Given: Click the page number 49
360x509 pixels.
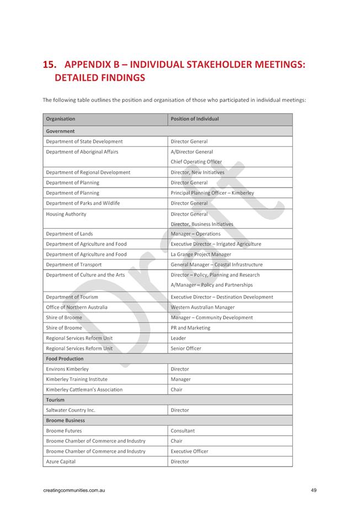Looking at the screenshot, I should click(313, 490).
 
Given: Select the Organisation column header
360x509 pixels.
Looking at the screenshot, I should click(61, 119).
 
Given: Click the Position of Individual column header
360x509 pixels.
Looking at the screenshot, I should click(195, 119).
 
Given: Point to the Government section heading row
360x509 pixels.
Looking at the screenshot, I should click(60, 131).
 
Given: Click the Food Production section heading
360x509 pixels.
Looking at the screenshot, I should click(65, 358).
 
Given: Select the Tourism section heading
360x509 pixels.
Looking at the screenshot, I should click(55, 400).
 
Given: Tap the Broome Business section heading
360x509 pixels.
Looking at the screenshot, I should click(66, 420).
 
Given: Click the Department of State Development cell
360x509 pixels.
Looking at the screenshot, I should click(84, 142).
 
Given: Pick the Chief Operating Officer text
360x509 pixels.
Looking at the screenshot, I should click(196, 162).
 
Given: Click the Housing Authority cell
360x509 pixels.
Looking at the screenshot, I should click(66, 214).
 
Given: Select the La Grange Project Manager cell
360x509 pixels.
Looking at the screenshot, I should click(201, 254).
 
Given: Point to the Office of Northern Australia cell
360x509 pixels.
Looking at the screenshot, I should click(77, 307).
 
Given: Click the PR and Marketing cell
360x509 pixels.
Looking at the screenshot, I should click(190, 328).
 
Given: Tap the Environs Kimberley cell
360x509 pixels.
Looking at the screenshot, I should click(67, 369).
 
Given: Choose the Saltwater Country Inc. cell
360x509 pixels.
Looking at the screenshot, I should click(71, 410).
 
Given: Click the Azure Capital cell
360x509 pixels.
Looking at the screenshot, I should click(61, 462).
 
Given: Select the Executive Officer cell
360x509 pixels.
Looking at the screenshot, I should click(190, 451).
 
